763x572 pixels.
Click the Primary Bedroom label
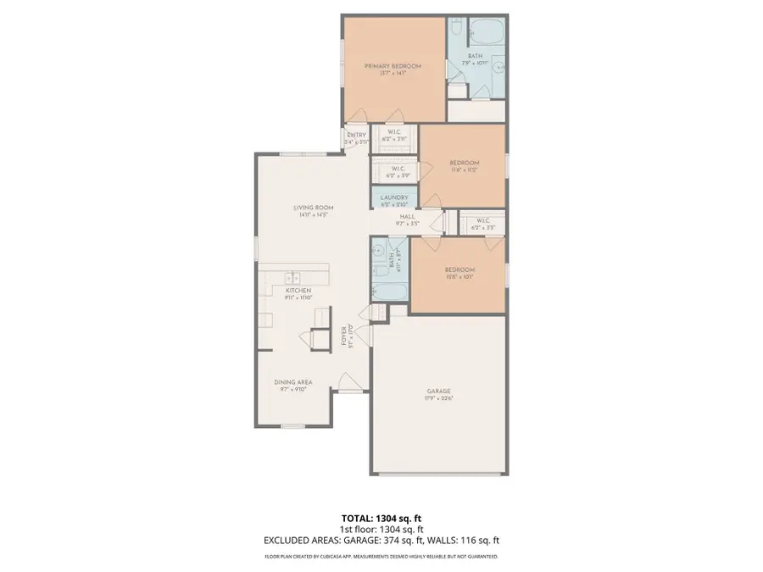pyautogui.click(x=393, y=65)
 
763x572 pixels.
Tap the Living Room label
pyautogui.click(x=313, y=208)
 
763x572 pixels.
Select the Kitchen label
pyautogui.click(x=298, y=291)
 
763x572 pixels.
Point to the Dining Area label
pyautogui.click(x=292, y=382)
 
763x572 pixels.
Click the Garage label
pyautogui.click(x=437, y=391)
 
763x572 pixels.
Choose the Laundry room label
pyautogui.click(x=394, y=197)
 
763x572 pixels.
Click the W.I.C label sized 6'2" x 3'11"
pyautogui.click(x=394, y=139)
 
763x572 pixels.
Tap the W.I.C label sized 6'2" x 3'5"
pyautogui.click(x=483, y=228)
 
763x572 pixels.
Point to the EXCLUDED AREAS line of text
pyautogui.click(x=381, y=540)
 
